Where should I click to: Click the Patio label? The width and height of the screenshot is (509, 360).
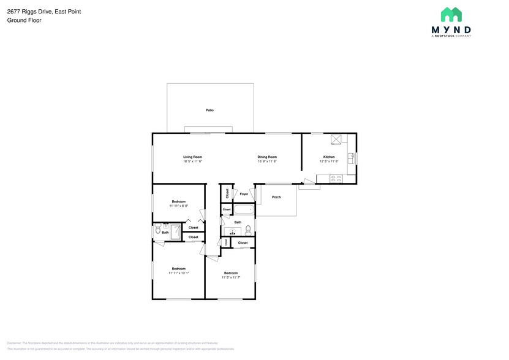209,110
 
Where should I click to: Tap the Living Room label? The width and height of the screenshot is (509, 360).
192,157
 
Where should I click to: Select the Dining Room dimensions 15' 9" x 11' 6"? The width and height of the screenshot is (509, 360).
267,162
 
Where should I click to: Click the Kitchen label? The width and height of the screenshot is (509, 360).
329,157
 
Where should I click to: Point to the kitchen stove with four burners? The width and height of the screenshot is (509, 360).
336,179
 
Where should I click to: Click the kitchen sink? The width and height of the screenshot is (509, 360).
351,158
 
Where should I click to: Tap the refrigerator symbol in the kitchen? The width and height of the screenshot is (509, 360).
336,139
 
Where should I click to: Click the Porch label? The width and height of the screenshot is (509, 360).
276,197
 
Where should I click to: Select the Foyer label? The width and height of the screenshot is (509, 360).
244,194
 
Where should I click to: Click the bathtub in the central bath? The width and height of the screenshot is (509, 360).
243,209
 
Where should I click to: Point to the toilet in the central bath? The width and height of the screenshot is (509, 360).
248,230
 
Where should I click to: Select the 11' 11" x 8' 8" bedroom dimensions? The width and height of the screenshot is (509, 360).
178,206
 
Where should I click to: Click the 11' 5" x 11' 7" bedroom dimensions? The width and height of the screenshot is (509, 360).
230,278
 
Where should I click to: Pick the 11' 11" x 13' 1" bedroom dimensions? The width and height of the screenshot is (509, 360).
178,274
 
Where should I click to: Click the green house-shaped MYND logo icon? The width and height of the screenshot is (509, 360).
451,15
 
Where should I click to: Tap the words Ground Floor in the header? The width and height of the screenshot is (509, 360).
24,20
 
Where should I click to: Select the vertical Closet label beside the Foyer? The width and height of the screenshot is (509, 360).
227,193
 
